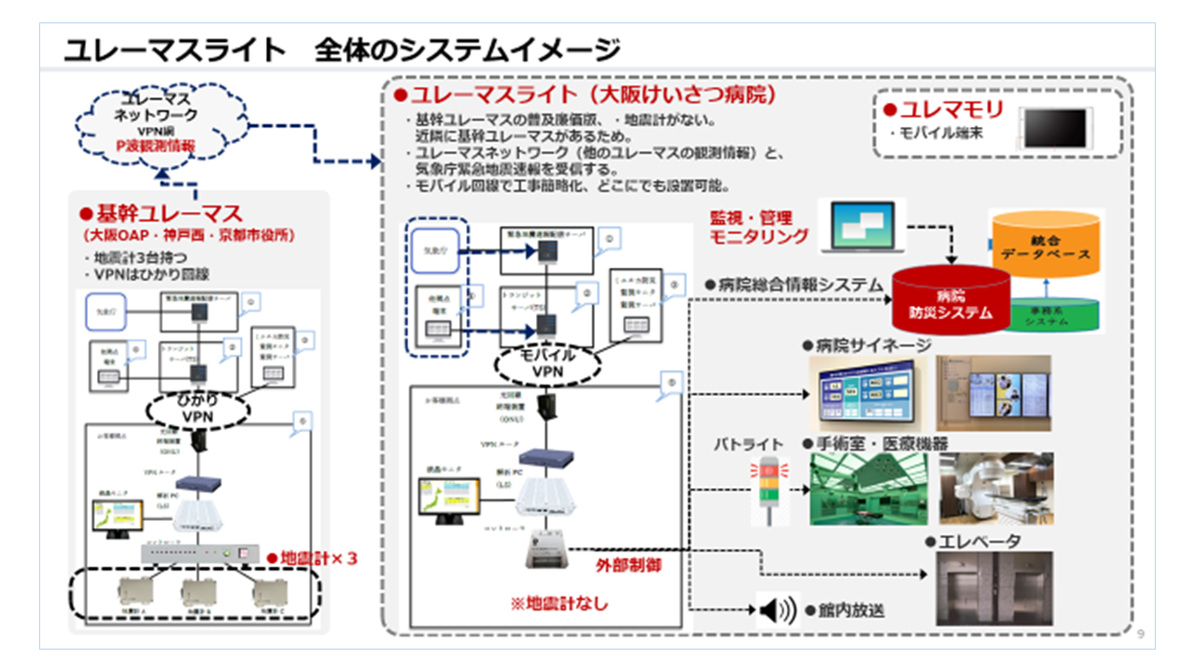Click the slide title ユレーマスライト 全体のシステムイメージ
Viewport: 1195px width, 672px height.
[x=342, y=49]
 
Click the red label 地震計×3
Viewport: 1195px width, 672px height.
[x=313, y=557]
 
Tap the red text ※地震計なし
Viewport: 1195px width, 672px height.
[x=559, y=604]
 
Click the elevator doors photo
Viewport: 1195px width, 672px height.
[x=993, y=588]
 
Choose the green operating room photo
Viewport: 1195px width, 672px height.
[x=868, y=489]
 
